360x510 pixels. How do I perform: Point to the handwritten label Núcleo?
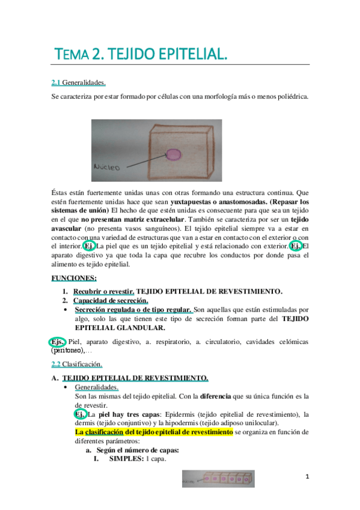[108, 165]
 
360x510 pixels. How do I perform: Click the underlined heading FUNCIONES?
[74, 278]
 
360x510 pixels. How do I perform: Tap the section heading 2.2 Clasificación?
[77, 364]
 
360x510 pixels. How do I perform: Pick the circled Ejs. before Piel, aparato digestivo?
[58, 342]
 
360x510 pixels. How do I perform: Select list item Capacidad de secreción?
[111, 300]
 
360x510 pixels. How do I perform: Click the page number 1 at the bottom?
[307, 476]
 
